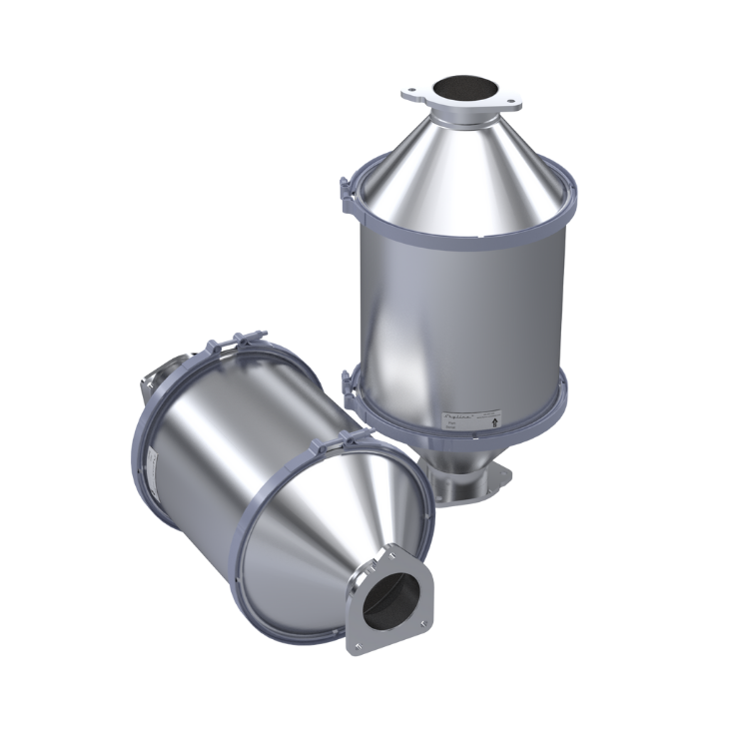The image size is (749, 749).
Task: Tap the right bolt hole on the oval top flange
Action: pos(511,99)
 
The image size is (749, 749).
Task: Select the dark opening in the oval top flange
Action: pos(461,88)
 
